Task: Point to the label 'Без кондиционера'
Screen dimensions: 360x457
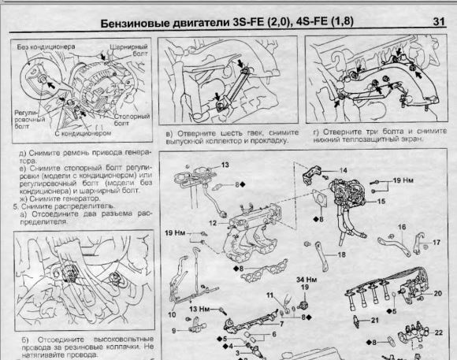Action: click(x=43, y=47)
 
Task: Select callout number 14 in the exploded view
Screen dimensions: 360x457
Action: click(x=344, y=170)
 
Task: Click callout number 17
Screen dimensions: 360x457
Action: click(x=437, y=243)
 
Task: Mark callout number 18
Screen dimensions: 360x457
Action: click(x=341, y=255)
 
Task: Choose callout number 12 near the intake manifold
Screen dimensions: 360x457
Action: click(x=211, y=224)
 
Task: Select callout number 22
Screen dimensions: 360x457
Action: click(x=438, y=333)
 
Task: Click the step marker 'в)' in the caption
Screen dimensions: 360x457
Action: click(x=170, y=134)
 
